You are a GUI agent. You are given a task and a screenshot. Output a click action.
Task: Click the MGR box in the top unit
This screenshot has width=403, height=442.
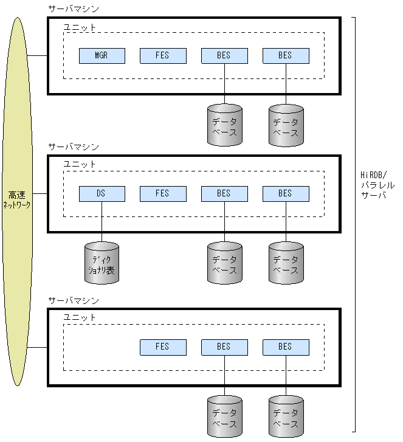[x=102, y=56]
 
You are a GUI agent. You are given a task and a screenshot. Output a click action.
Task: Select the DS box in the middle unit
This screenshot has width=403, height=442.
[x=102, y=194]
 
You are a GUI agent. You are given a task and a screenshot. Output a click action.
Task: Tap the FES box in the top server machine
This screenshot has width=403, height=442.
[x=163, y=56]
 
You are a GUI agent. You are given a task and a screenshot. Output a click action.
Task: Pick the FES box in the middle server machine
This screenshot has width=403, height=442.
[x=163, y=194]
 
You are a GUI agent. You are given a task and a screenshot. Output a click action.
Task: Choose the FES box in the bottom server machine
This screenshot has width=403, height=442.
[x=163, y=347]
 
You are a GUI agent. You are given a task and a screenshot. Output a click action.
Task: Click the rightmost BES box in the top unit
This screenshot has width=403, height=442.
[x=286, y=56]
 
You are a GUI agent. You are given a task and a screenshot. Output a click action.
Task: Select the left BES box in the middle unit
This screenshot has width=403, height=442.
[x=224, y=194]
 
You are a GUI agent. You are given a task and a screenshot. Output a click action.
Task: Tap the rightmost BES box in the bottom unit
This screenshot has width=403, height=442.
[x=286, y=347]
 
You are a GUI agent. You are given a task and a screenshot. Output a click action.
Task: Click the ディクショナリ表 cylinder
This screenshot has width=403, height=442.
[x=102, y=263]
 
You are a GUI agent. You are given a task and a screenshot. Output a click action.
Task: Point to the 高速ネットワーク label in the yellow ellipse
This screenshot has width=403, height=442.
[x=18, y=201]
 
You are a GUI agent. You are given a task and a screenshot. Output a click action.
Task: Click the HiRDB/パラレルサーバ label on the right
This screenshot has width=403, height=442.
[x=377, y=185]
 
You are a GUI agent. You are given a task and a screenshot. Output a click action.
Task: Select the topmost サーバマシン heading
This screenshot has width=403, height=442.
[x=73, y=9]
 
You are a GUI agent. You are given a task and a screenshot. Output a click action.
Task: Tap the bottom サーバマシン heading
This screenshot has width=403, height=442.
[x=73, y=301]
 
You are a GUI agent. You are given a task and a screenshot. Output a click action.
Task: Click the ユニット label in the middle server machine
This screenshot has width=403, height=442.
[x=80, y=164]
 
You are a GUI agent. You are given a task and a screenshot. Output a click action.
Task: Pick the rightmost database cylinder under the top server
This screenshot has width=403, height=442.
[x=286, y=126]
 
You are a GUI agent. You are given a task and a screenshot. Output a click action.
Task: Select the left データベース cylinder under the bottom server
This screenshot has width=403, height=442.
[x=224, y=417]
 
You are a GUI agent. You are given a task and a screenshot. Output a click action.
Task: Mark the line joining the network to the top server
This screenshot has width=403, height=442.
[x=38, y=56]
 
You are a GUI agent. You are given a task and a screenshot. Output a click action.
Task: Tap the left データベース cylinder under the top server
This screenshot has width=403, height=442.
[x=224, y=126]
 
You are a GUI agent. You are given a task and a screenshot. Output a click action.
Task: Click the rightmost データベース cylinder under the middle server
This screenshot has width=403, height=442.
[x=286, y=263]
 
